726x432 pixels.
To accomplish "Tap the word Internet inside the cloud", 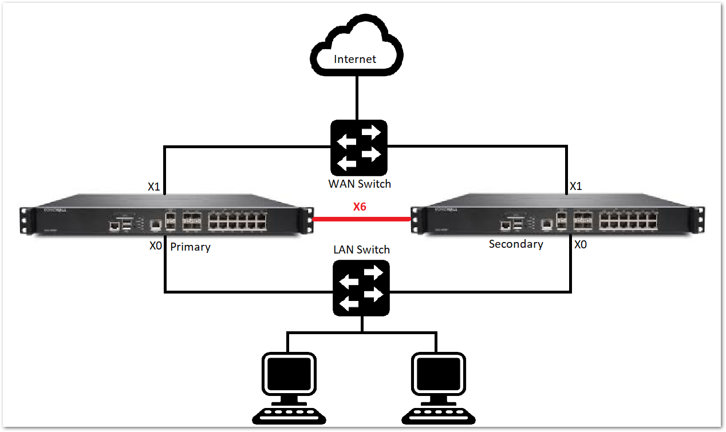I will click(355, 59).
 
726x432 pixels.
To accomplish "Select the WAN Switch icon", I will click(358, 148).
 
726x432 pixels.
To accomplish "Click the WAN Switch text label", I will click(360, 184).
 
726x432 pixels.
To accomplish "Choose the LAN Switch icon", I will click(362, 288).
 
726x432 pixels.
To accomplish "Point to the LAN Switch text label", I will click(361, 249).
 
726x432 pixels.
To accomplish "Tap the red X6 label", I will click(360, 207).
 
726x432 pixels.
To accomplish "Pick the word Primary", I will click(190, 247).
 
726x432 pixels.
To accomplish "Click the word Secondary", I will click(516, 244).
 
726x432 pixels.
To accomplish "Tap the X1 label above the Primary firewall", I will click(154, 187).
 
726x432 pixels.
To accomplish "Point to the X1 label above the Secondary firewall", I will click(576, 187).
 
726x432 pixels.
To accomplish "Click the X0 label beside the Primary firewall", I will click(156, 246).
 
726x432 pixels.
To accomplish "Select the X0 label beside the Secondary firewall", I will click(580, 244).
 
